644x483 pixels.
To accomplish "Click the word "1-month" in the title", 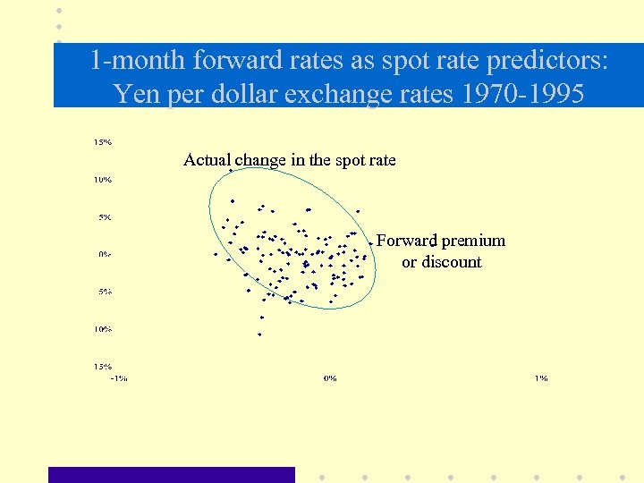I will click(134, 62).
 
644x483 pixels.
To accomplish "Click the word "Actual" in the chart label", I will click(207, 160).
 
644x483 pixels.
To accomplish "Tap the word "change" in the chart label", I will click(259, 160).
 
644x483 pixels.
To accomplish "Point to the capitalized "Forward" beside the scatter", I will click(406, 241).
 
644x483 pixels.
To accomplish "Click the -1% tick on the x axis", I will click(118, 378).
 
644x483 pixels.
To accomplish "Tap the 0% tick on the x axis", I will click(329, 378).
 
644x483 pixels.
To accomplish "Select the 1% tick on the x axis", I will click(541, 378).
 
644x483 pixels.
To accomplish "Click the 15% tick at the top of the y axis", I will click(103, 141).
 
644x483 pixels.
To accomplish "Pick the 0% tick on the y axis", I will click(105, 254).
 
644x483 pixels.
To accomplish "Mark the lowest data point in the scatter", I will click(259, 335).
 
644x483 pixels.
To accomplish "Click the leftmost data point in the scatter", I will click(216, 254).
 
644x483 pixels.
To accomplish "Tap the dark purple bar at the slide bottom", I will click(171, 475).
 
